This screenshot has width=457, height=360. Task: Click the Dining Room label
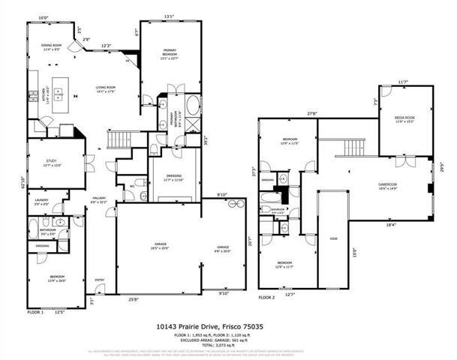(x=51, y=47)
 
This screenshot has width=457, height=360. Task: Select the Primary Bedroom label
(x=170, y=52)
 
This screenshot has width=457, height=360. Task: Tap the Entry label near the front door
(x=99, y=280)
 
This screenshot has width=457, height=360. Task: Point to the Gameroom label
(x=386, y=185)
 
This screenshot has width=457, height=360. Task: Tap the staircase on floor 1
(x=119, y=139)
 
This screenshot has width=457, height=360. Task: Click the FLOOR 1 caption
(x=36, y=310)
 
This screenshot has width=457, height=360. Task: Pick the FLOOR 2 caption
(x=267, y=297)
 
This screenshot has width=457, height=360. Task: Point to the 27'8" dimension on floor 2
(x=311, y=113)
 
